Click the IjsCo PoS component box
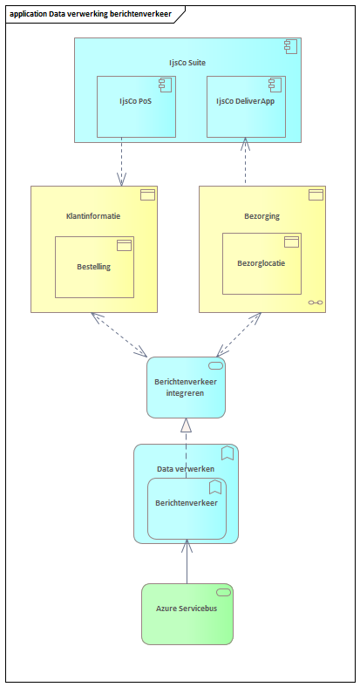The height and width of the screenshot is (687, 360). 136,106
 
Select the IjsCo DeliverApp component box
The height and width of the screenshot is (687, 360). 246,106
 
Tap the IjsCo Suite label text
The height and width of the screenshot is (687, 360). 187,63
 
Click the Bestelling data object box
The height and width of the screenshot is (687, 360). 94,268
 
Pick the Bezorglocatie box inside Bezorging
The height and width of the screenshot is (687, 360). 262,264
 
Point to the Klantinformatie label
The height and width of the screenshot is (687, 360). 93,216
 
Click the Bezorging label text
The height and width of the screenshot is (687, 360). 262,216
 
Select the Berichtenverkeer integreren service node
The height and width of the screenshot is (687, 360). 187,387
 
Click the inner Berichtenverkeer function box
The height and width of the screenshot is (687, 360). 187,508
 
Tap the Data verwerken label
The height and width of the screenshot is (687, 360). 186,469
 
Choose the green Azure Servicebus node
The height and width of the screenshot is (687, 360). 187,615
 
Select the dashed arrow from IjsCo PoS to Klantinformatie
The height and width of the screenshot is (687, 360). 121,161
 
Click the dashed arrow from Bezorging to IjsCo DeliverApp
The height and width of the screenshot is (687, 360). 245,161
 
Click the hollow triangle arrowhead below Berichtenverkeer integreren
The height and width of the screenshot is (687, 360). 187,425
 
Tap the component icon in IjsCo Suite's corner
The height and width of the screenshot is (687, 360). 291,46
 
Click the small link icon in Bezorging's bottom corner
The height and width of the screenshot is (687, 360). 316,303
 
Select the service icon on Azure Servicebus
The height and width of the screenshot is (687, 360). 224,593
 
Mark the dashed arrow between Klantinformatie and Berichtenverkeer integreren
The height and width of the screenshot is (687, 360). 119,334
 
